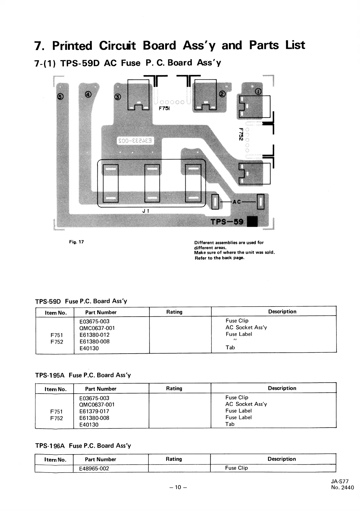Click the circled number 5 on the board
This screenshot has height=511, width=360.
tap(60, 97)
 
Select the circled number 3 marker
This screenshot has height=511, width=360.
tap(118, 97)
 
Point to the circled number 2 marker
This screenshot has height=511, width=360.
tap(222, 94)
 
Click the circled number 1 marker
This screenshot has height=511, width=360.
tap(258, 91)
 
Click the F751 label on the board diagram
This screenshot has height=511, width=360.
tap(164, 108)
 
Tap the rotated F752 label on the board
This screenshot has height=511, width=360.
tap(240, 134)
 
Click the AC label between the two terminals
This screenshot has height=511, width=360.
tap(237, 202)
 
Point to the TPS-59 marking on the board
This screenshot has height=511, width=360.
tap(227, 222)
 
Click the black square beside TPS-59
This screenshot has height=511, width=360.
tap(252, 222)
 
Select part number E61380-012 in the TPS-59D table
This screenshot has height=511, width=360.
tap(94, 335)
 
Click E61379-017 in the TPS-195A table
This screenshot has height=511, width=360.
tap(94, 411)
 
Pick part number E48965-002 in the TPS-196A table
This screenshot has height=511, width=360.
tap(94, 468)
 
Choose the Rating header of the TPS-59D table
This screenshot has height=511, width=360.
tap(174, 312)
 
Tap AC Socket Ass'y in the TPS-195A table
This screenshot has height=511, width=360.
tap(246, 404)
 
